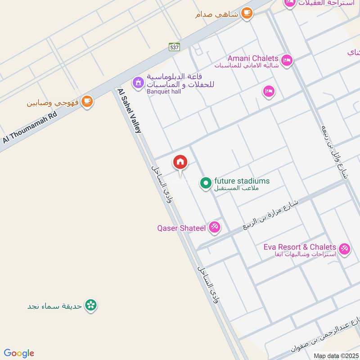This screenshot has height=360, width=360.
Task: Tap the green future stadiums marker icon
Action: [206, 183]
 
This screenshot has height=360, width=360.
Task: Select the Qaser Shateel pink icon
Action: [215, 228]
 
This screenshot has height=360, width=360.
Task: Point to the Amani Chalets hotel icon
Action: [286, 60]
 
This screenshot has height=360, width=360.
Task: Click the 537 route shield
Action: [174, 47]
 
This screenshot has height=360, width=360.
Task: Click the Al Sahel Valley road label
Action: [130, 111]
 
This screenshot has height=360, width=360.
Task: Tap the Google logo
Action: [19, 353]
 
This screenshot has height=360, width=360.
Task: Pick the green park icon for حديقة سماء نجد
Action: [91, 306]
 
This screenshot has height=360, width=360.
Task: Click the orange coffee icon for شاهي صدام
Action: [247, 13]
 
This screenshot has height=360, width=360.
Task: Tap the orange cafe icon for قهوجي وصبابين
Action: [88, 102]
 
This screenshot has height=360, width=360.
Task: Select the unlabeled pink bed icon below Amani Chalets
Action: [269, 91]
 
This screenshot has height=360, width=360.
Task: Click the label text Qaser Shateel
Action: [181, 228]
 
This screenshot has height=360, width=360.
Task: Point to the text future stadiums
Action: [242, 181]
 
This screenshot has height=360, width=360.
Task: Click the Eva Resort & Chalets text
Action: [300, 247]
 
